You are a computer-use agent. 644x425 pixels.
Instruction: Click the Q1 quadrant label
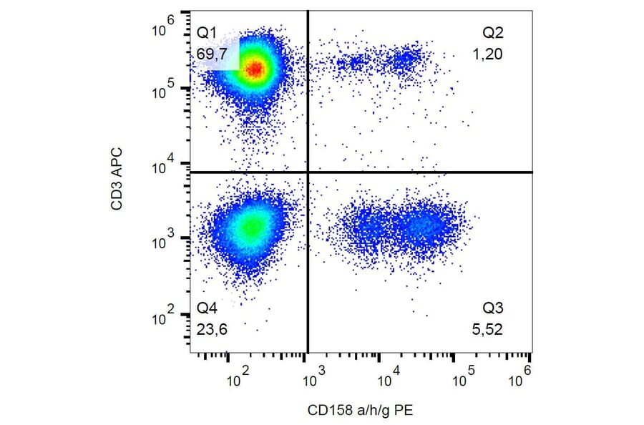(206, 32)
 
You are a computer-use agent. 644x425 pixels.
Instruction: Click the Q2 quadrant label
(493, 32)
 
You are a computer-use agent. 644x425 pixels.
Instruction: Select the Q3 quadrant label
(493, 309)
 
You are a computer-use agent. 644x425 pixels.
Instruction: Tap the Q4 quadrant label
(206, 309)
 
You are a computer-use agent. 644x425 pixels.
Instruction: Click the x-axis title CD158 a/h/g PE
(361, 410)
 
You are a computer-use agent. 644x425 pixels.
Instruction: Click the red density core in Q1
(255, 69)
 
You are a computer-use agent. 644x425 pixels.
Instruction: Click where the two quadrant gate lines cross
(308, 172)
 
